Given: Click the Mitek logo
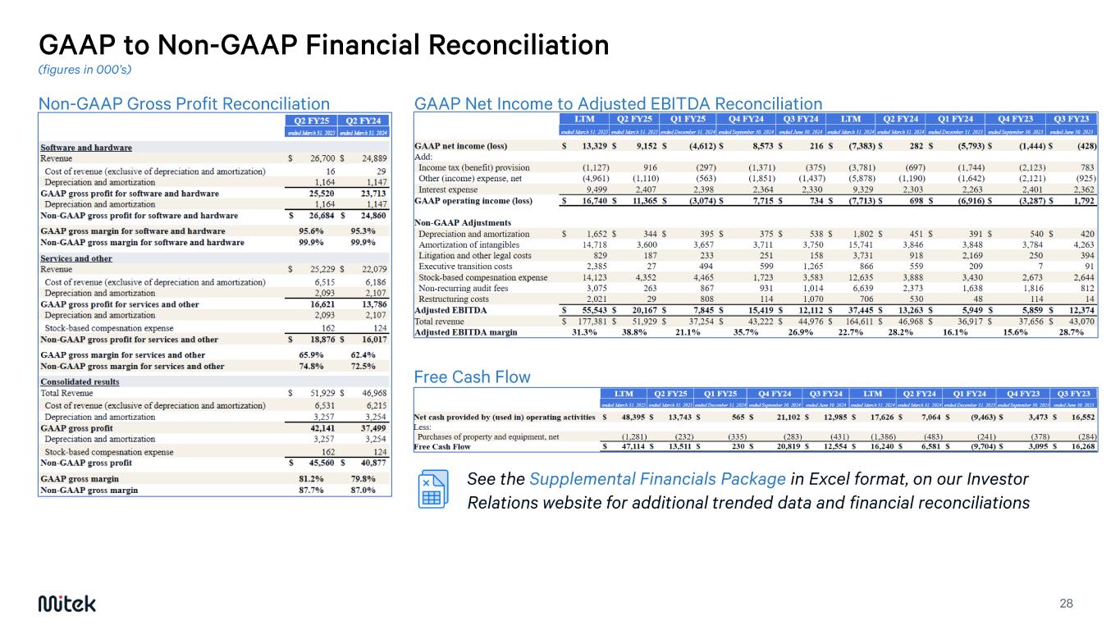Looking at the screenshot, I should pos(67,604).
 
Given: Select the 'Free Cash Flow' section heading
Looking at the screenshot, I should pos(473,377).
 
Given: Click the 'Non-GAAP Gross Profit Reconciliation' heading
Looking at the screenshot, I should pos(185,103).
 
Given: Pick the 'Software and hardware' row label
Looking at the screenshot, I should pos(86,148).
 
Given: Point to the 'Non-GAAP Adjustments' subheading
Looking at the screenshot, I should pos(464,222).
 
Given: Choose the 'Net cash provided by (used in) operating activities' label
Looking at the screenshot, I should pos(504,417).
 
